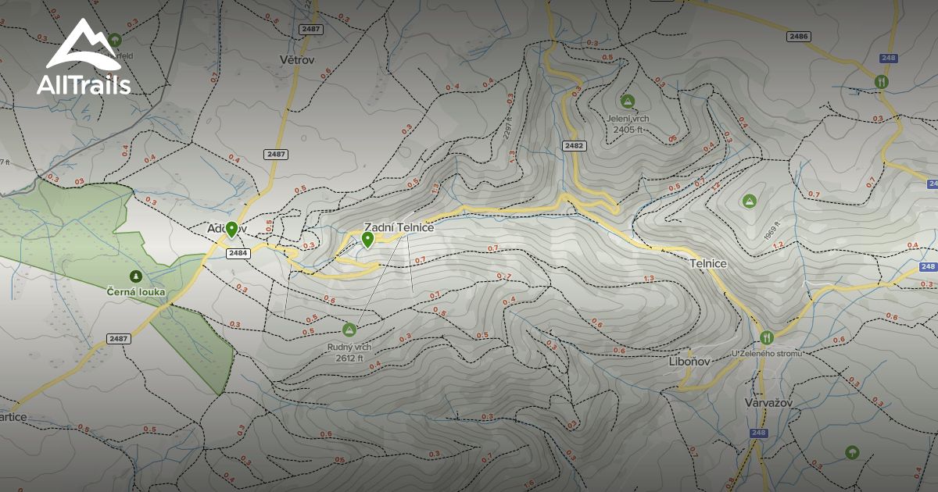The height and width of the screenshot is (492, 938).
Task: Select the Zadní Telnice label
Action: tap(399, 227)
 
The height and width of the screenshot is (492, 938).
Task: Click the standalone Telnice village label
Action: tap(708, 264)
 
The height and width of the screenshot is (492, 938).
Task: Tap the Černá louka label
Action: tap(136, 291)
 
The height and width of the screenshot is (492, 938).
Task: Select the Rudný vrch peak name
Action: tap(349, 347)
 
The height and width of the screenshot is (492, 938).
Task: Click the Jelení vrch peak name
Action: tap(627, 119)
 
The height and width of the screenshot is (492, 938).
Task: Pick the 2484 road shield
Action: tap(238, 253)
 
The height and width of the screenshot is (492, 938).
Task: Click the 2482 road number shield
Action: tap(573, 146)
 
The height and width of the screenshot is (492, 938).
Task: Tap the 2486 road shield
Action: tap(798, 37)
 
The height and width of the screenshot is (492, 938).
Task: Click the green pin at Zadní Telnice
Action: tap(367, 239)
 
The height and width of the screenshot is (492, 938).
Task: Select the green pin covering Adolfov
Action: tap(231, 229)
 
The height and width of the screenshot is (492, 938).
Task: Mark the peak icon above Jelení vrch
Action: tap(627, 101)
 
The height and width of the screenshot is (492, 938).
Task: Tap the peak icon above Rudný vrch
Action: tap(349, 330)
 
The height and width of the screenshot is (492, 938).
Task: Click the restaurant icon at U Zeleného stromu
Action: tap(766, 337)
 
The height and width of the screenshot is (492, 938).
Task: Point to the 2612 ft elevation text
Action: tap(349, 358)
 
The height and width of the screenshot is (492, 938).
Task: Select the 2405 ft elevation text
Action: tap(628, 130)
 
